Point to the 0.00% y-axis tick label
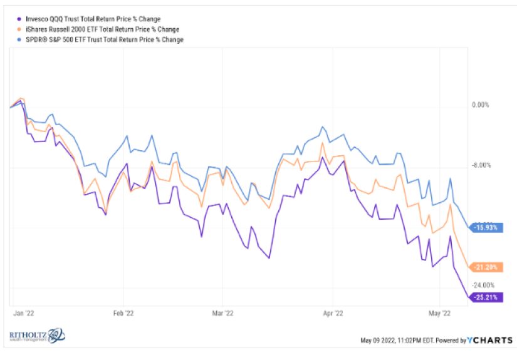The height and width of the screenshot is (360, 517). point(479,105)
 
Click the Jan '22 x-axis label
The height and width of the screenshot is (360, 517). point(23,312)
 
